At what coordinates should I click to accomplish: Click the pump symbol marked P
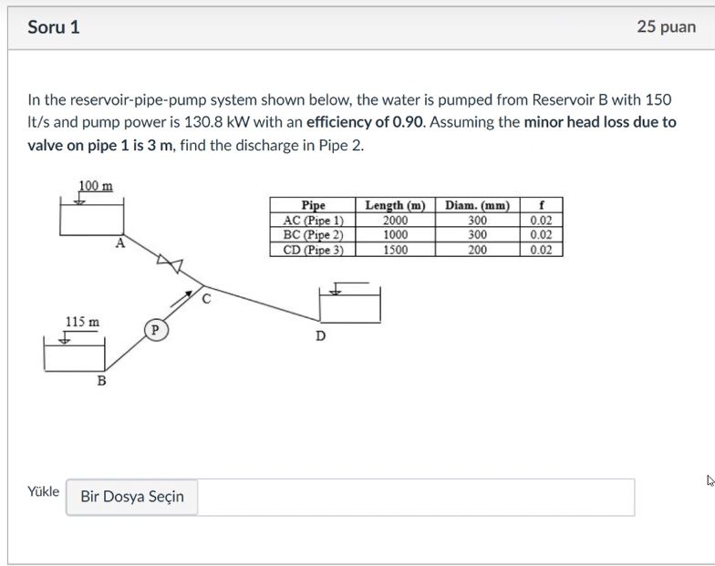(155, 330)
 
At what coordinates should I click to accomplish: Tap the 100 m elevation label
(96, 186)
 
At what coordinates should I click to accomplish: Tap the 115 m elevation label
(82, 322)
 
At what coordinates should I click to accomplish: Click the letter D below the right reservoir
(320, 335)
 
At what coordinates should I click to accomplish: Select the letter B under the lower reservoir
(102, 379)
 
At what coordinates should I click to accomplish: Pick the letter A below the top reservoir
(120, 243)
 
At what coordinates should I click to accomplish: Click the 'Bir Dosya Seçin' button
(132, 497)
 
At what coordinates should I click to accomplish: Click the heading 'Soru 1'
(54, 26)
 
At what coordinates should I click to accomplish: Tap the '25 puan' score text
(666, 26)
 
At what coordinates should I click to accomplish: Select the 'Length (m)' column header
(395, 206)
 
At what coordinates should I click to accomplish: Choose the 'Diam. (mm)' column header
(478, 206)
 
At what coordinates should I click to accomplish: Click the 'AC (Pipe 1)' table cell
(313, 221)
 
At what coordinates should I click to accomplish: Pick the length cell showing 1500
(395, 250)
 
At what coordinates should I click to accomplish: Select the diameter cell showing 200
(478, 250)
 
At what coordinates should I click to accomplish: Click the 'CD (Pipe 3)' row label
(313, 250)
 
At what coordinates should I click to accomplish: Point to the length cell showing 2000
(395, 221)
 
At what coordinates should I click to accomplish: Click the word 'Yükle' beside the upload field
(43, 492)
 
